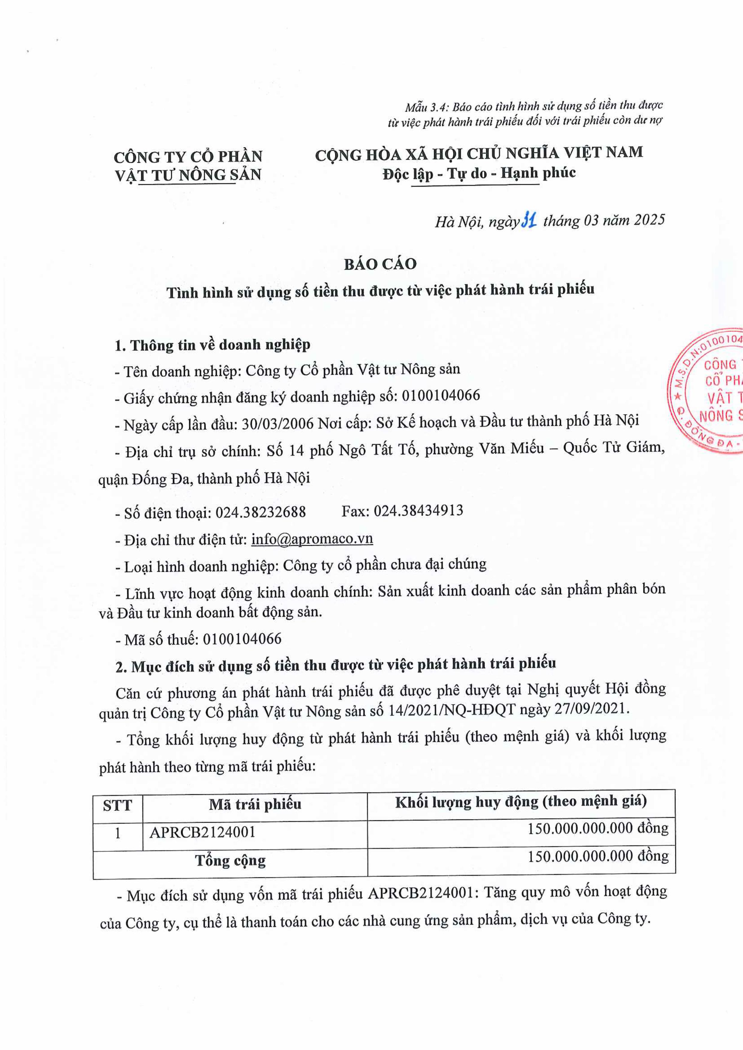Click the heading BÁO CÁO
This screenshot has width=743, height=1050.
click(x=380, y=264)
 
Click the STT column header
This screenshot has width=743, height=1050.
click(x=118, y=805)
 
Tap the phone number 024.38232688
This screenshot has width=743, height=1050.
click(x=260, y=512)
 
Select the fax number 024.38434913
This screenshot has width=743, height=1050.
click(x=418, y=510)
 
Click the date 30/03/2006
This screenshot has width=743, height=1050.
click(x=277, y=424)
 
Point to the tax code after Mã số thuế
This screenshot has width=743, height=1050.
click(x=242, y=639)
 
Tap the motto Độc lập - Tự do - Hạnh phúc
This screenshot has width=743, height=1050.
click(x=479, y=173)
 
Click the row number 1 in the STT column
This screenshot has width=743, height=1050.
click(x=118, y=833)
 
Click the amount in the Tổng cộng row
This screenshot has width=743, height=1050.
click(x=598, y=856)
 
